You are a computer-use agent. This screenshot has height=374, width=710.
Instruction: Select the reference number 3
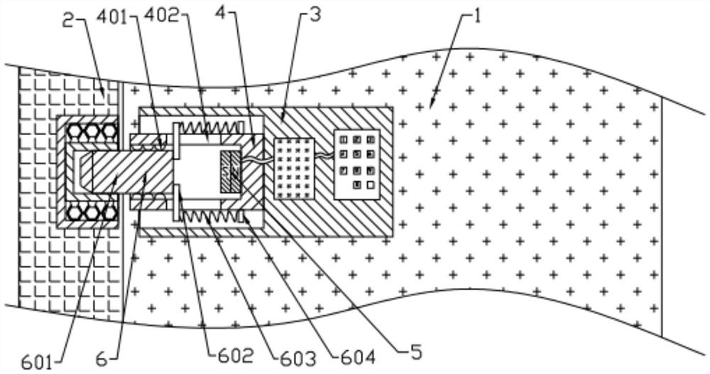tap(309, 16)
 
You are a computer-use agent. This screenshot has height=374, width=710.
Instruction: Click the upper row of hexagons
tap(90, 132)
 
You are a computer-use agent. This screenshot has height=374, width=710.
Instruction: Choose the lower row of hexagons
tap(90, 211)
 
